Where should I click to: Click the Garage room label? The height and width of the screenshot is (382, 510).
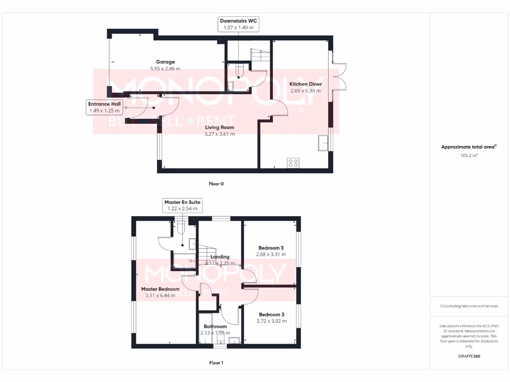(165, 62)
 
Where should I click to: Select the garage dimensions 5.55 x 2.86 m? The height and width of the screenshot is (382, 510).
(165, 69)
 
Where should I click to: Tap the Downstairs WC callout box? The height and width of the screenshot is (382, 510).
(239, 24)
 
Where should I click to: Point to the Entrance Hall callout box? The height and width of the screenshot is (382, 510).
(105, 107)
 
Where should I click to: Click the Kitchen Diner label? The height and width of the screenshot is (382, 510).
(305, 84)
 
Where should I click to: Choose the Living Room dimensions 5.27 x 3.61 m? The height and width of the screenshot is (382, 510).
(220, 134)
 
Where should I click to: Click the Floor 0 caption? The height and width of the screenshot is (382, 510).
(216, 184)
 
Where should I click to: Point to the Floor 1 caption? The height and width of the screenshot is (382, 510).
(216, 363)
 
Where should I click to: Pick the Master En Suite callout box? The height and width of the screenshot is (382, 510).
(182, 205)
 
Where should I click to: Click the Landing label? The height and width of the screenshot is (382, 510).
(220, 257)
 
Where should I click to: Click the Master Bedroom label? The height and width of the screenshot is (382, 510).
(160, 289)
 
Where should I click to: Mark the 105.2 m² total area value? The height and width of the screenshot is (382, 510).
(469, 156)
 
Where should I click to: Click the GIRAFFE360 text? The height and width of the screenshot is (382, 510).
(469, 356)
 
